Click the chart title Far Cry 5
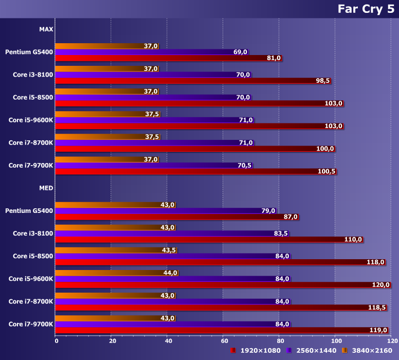pos(366,9)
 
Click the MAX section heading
pos(46,29)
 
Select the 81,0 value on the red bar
pos(274,58)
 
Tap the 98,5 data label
pos(323,81)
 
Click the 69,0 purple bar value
pos(241,52)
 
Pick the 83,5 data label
pos(281,233)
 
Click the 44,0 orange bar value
pos(170,273)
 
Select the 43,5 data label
pos(169,250)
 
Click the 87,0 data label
pos(291,217)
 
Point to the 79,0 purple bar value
pos(268,210)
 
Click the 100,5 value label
pos(327,171)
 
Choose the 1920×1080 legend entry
pos(256,350)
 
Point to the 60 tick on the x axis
pos(223,340)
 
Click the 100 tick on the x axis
pos(335,340)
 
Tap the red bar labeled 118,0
pos(221,262)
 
